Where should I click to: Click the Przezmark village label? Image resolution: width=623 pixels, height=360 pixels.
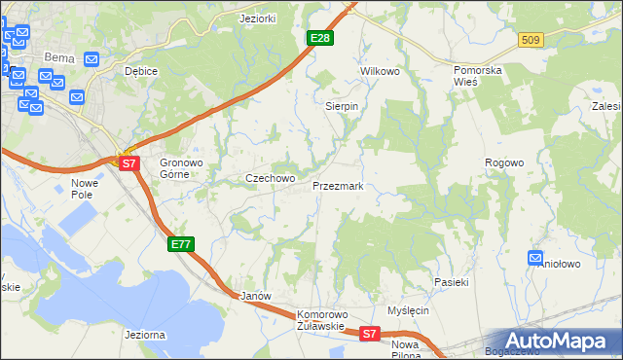tap(338, 185)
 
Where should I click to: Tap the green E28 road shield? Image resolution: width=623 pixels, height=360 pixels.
tap(320, 38)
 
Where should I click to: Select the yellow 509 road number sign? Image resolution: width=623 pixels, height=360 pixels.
tap(531, 40)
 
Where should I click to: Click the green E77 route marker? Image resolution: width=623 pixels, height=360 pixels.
tap(182, 244)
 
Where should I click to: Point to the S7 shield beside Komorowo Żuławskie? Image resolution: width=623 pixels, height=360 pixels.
tap(369, 334)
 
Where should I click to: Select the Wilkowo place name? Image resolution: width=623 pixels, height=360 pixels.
tap(381, 72)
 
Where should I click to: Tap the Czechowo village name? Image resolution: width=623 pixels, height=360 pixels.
tap(269, 179)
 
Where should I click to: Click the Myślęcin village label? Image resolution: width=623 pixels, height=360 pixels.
tap(408, 310)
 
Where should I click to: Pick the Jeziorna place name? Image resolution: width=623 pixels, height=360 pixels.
tap(144, 334)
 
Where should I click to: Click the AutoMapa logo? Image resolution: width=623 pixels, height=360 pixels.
tap(556, 342)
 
